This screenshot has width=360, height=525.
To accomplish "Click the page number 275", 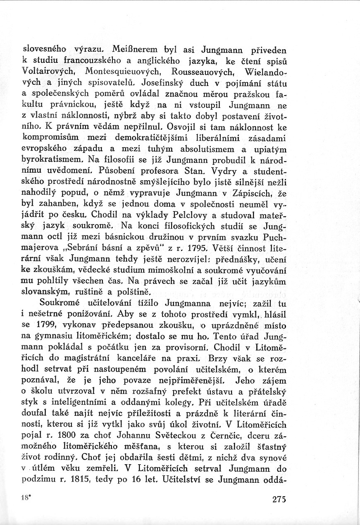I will pos(279,499).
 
